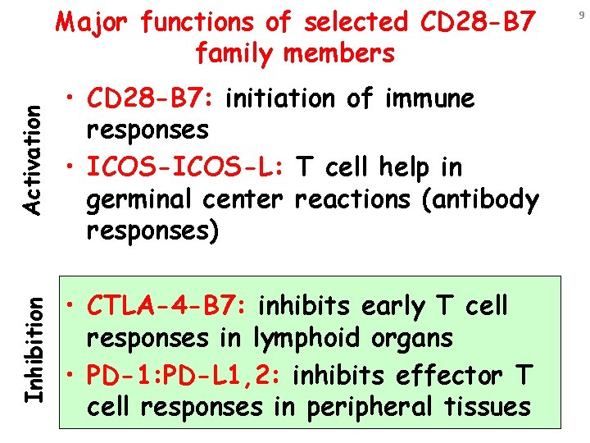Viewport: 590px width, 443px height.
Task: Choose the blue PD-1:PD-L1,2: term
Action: pos(186,376)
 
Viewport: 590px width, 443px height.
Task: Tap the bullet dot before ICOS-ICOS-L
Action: pos(73,168)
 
